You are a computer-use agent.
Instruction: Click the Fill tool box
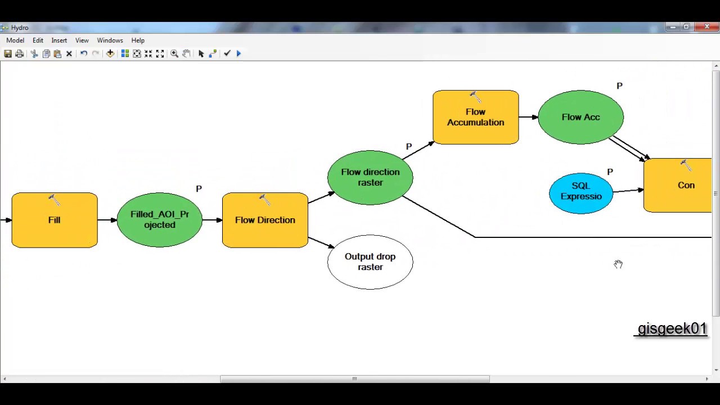[x=54, y=220]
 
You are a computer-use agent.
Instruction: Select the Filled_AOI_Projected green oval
[x=159, y=220]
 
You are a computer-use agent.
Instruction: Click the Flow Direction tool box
[x=265, y=220]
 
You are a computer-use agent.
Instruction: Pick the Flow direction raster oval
[x=370, y=177]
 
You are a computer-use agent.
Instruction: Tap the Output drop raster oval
[x=370, y=262]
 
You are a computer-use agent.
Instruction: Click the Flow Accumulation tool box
[x=475, y=117]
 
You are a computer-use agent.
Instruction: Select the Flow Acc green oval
[x=580, y=117]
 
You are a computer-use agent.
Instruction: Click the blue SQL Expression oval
[x=580, y=191]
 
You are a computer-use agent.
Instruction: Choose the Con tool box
[x=681, y=186]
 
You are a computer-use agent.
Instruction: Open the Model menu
[x=15, y=40]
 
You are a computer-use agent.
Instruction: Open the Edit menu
[x=38, y=40]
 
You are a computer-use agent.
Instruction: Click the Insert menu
[x=59, y=40]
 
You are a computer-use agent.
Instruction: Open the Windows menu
[x=110, y=40]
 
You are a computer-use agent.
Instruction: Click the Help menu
[x=138, y=40]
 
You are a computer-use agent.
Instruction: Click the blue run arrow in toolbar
[x=238, y=53]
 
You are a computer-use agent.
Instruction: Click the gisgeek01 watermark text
[x=672, y=329]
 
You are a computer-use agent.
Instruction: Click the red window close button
[x=706, y=27]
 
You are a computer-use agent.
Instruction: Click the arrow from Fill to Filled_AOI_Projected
[x=107, y=220]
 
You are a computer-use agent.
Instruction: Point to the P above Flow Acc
[x=619, y=86]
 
